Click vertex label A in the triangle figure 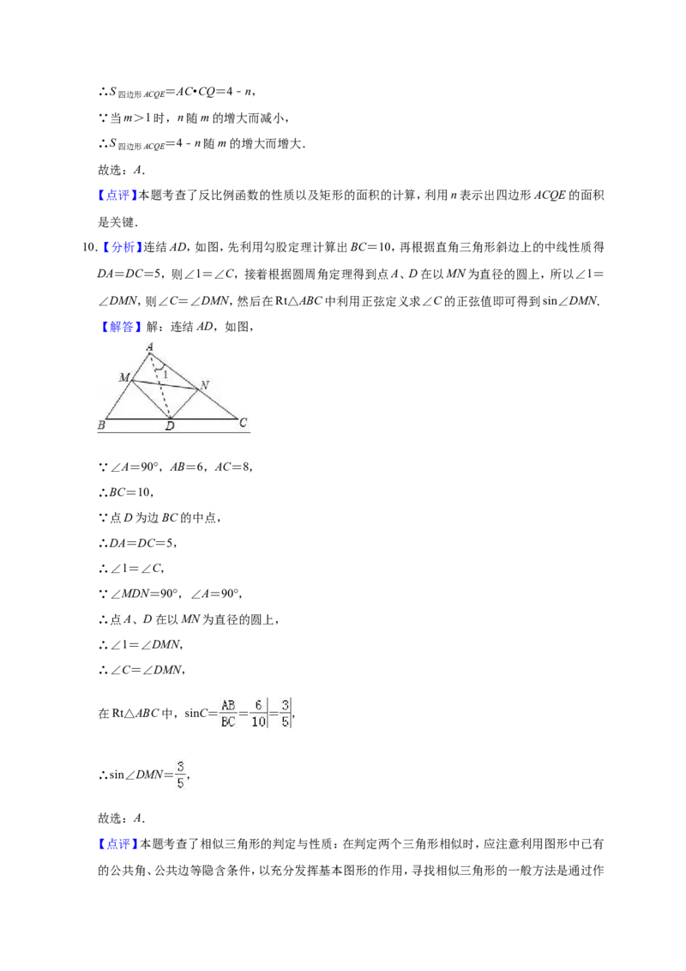pos(150,347)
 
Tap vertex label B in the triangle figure pos(101,425)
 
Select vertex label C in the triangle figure pos(243,422)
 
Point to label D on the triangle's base pos(171,426)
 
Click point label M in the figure pos(124,377)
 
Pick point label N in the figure pos(204,385)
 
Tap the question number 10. pos(88,248)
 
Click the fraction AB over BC pos(228,714)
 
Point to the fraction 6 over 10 pos(259,714)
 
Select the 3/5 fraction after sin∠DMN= pos(180,775)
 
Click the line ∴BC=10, pos(126,493)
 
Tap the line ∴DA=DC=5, pos(137,543)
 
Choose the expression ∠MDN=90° pos(144,594)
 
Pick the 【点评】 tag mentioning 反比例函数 pos(117,196)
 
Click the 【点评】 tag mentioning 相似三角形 pos(117,844)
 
